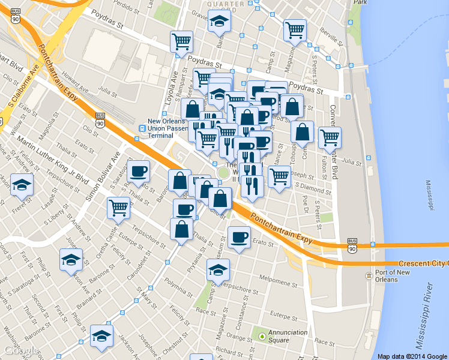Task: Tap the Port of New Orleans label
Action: pyautogui.click(x=387, y=276)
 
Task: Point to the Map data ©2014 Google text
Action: pyautogui.click(x=412, y=356)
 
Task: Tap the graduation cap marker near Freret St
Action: pyautogui.click(x=22, y=185)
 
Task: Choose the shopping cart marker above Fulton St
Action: pyautogui.click(x=330, y=137)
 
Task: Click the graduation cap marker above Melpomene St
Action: pyautogui.click(x=218, y=270)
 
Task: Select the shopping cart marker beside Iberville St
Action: pyautogui.click(x=295, y=29)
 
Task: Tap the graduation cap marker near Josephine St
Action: pyautogui.click(x=101, y=336)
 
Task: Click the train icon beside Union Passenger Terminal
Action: pyautogui.click(x=142, y=127)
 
